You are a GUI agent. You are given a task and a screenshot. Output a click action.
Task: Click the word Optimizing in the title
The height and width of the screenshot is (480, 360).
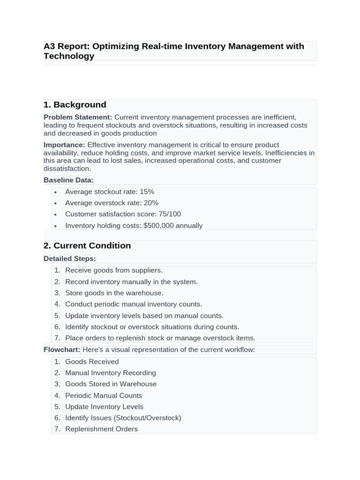(115, 46)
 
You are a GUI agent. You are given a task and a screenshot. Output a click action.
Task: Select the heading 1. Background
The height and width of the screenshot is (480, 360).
(75, 105)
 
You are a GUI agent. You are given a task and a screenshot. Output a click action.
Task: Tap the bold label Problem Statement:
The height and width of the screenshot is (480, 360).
(78, 117)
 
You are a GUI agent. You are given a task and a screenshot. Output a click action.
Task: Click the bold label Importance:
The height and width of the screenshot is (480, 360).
(64, 145)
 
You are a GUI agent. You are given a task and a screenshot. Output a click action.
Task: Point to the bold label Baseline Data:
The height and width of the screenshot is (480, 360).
(68, 180)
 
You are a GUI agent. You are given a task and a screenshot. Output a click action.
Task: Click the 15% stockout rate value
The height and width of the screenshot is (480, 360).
(147, 192)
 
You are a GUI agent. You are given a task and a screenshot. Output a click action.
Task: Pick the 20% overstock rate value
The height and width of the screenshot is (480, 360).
(151, 203)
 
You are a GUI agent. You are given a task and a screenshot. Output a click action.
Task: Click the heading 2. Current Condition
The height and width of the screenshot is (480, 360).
(87, 246)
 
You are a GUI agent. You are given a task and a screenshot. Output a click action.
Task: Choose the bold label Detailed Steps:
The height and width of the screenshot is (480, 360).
(70, 259)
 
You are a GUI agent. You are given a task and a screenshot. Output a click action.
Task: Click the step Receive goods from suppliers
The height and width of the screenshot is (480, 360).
(114, 270)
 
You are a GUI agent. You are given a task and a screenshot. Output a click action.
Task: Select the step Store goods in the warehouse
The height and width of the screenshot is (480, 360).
(114, 293)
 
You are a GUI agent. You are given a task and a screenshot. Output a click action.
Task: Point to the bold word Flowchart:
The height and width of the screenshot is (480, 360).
(62, 350)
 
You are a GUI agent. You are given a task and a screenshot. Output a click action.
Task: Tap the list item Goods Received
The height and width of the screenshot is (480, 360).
(92, 362)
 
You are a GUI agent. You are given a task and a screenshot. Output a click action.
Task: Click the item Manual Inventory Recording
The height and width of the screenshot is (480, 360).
(111, 373)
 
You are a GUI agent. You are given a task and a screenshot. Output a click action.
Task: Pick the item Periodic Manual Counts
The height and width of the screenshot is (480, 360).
(104, 396)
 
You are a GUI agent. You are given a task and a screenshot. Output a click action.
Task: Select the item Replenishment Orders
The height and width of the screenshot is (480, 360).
(101, 429)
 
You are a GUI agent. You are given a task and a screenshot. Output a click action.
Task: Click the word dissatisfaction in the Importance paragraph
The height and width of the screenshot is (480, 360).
(67, 169)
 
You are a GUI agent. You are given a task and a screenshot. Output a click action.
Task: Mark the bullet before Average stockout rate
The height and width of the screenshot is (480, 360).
(55, 192)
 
